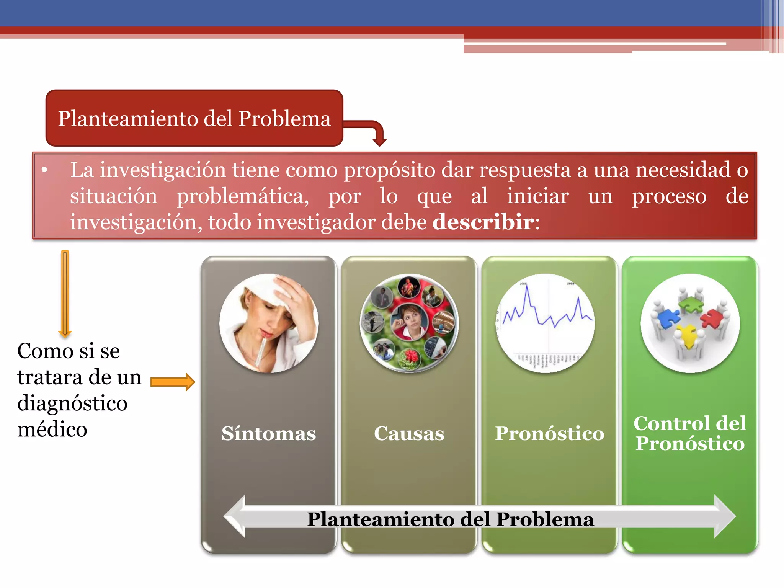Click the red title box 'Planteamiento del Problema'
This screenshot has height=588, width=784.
coord(194,118)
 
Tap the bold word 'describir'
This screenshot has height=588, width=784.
coord(483,222)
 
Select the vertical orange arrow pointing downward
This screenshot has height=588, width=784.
coord(65,293)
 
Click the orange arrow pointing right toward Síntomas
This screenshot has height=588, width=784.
coord(173,382)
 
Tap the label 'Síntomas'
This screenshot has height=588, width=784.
coord(268,433)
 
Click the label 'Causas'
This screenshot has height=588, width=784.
coord(409,433)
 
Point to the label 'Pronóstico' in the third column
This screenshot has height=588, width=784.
coord(549,433)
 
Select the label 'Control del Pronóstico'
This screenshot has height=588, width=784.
coord(689,433)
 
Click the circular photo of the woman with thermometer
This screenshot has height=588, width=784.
coord(269,323)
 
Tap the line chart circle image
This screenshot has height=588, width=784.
coord(545,323)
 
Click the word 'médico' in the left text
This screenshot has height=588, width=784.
coord(52,430)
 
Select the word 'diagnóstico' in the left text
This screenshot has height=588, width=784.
coord(72,403)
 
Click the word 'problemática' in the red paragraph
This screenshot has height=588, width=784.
coord(242,196)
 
